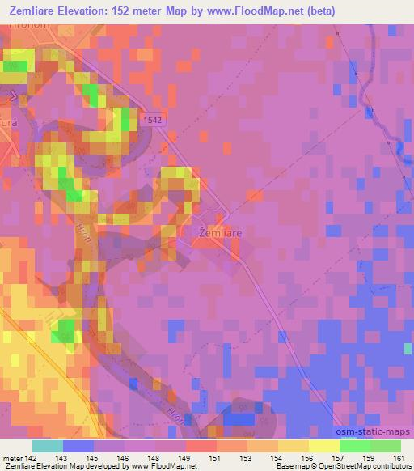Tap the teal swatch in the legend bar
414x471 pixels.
pos(48,446)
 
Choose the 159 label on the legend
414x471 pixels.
pos(368,459)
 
